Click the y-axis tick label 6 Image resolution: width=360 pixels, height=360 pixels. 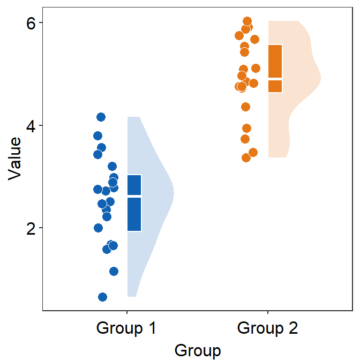(31, 24)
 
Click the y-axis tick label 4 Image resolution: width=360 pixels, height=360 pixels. (31, 126)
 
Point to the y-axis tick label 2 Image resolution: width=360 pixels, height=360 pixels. (31, 228)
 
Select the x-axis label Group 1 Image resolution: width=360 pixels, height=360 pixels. (126, 327)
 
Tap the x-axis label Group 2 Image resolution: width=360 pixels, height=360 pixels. (267, 327)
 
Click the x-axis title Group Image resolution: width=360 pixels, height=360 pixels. (197, 350)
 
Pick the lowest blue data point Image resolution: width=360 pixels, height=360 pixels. (102, 297)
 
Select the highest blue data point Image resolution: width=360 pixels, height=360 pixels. (101, 117)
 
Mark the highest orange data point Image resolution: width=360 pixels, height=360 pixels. (247, 21)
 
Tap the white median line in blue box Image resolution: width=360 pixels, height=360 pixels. (134, 197)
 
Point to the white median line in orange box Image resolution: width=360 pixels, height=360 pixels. (275, 78)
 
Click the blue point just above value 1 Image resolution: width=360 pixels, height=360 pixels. (114, 271)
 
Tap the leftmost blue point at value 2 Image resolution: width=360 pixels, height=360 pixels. (98, 228)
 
